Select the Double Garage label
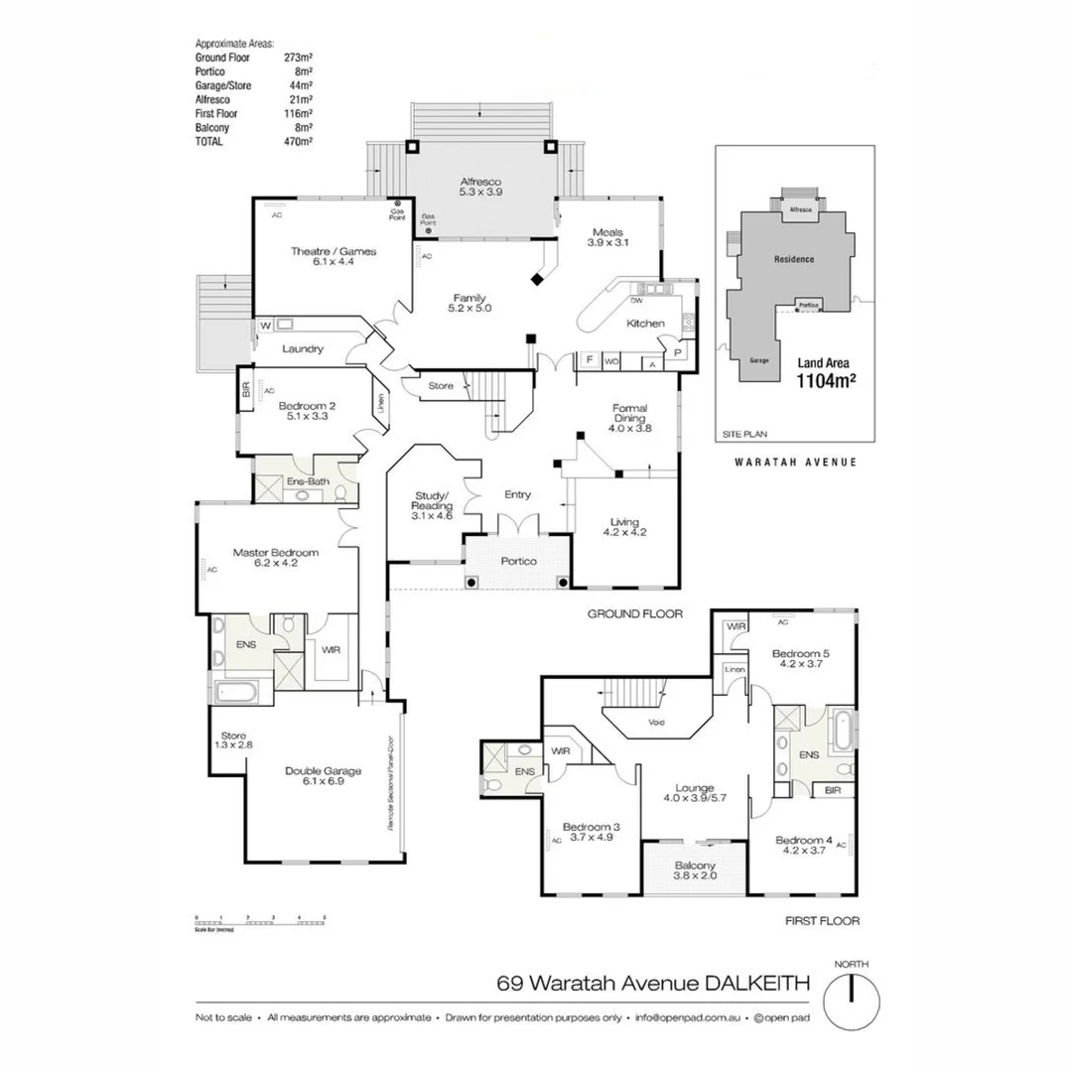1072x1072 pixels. click(323, 776)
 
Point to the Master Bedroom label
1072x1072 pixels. click(275, 558)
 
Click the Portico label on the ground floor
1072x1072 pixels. click(518, 561)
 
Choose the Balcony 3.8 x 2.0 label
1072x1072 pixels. click(695, 871)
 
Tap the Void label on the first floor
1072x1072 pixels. click(655, 722)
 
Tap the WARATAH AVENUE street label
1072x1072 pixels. click(795, 462)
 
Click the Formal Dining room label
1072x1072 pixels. click(629, 418)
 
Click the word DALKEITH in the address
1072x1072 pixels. click(758, 984)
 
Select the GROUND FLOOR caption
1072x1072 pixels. click(635, 613)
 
